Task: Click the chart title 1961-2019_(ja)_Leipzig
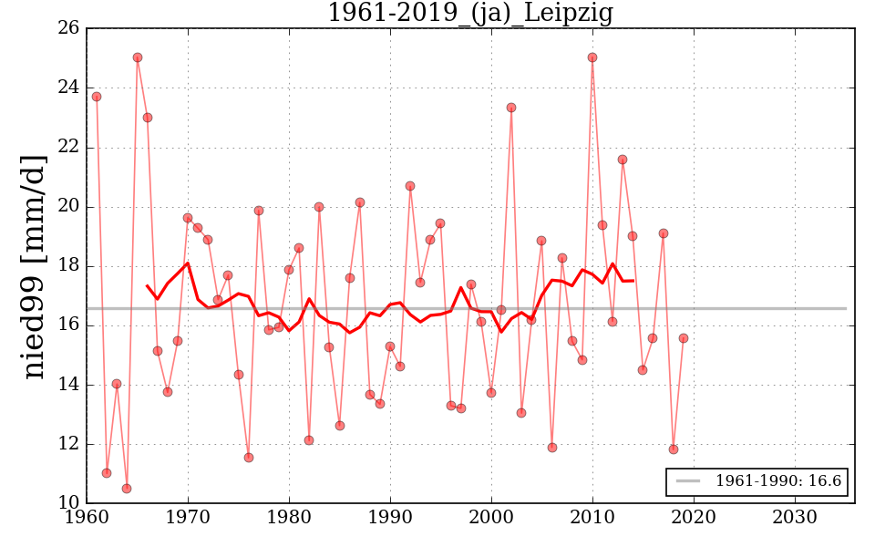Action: pyautogui.click(x=469, y=14)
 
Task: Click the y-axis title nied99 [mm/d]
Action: pyautogui.click(x=34, y=266)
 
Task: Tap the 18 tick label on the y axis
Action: pyautogui.click(x=69, y=266)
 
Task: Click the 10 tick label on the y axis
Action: pyautogui.click(x=69, y=503)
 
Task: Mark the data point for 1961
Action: pyautogui.click(x=97, y=97)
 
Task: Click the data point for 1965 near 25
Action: pyautogui.click(x=138, y=57)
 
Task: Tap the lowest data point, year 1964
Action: pyautogui.click(x=127, y=489)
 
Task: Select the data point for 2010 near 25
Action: pyautogui.click(x=592, y=57)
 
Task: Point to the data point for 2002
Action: pyautogui.click(x=511, y=108)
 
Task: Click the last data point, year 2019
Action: pyautogui.click(x=684, y=338)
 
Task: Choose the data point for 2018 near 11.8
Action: pyautogui.click(x=674, y=449)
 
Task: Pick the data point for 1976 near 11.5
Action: pyautogui.click(x=249, y=458)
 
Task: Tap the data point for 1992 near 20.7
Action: pyautogui.click(x=410, y=186)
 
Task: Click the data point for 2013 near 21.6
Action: pyautogui.click(x=623, y=160)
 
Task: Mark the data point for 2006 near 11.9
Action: pyautogui.click(x=552, y=448)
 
